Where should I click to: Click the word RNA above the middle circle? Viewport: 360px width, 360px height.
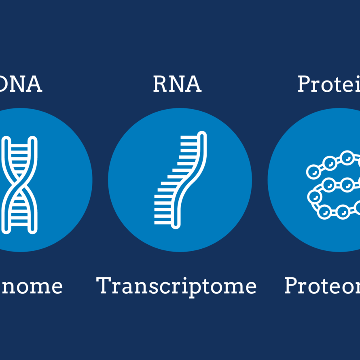coord(177,85)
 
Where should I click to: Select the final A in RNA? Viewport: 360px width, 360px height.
coord(194,85)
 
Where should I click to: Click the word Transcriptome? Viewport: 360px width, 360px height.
coord(177,286)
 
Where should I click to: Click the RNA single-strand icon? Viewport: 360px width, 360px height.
coord(180,180)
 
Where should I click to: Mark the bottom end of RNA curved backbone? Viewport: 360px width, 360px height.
coord(176,225)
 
